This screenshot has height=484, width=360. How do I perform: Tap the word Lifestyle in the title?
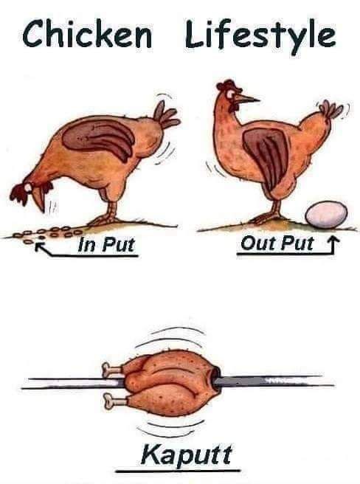pos(260,36)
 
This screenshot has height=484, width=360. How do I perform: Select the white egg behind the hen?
pos(326,215)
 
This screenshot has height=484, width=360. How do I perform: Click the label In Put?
pos(106,244)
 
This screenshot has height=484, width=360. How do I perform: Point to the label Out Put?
pos(277,243)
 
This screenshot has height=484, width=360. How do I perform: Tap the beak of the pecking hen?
pos(39,201)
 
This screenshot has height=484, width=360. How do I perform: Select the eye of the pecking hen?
pos(29,187)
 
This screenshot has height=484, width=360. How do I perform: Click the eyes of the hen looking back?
pos(230,94)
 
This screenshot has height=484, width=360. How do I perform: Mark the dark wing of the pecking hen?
pos(99,137)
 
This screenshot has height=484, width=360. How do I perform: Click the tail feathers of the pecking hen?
pos(166,115)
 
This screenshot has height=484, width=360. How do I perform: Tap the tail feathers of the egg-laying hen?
pos(331,109)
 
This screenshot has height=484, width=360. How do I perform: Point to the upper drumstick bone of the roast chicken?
pos(112,369)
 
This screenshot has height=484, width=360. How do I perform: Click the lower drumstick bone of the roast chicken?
pos(113,401)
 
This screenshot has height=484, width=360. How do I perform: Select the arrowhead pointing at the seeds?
pos(39,246)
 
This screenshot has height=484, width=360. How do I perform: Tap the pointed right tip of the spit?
pos(333,385)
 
